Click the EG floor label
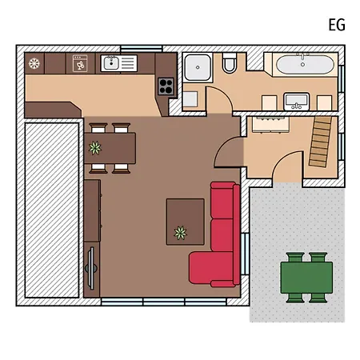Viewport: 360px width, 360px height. tap(337, 25)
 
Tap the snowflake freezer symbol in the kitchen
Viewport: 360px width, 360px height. tap(34, 64)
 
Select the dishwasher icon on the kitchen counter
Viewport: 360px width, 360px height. tap(80, 63)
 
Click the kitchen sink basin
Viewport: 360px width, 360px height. tap(111, 63)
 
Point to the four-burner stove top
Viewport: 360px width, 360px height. tap(166, 86)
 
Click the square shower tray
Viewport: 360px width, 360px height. tap(198, 68)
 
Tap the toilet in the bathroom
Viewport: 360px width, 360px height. tap(230, 63)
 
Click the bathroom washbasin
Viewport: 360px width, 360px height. tap(296, 102)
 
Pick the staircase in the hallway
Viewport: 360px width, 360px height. tap(320, 142)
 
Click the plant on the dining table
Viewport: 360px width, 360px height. tap(95, 148)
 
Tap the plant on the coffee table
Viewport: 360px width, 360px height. tap(180, 233)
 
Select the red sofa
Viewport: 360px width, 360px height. tap(215, 234)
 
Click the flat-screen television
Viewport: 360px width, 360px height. tap(91, 268)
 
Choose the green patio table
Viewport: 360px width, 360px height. tap(306, 278)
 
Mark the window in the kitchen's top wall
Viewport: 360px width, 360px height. tap(141, 49)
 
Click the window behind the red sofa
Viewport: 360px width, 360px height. tap(245, 254)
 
